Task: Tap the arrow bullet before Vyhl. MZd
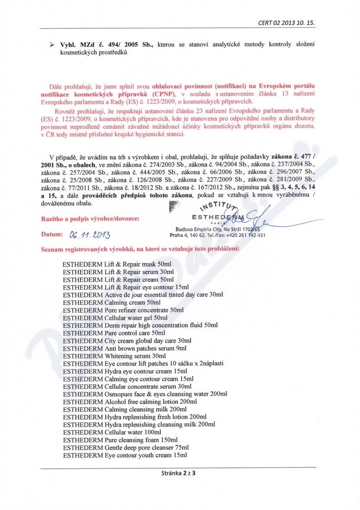pyautogui.click(x=52, y=45)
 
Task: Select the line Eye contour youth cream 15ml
pyautogui.click(x=125, y=455)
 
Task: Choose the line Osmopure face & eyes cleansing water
pyautogui.click(x=145, y=394)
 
